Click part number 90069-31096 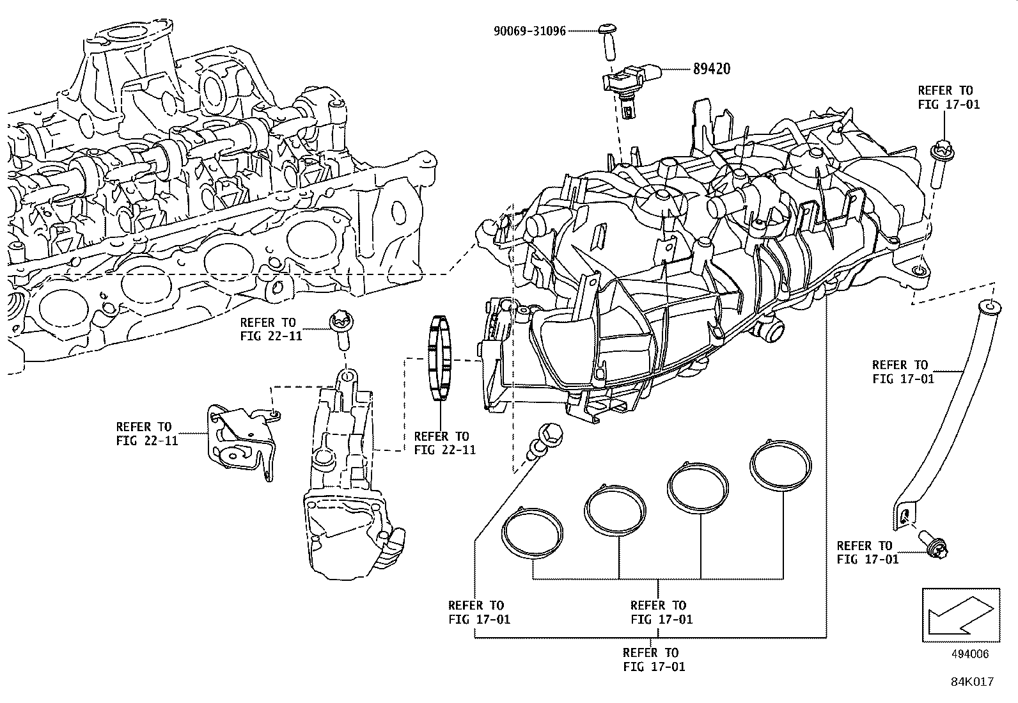[x=529, y=30]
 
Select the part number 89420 [x=711, y=68]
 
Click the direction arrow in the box [x=960, y=615]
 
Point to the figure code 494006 [x=970, y=654]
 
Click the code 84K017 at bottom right [x=971, y=682]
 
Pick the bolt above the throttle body [x=340, y=328]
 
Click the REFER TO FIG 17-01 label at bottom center [x=654, y=660]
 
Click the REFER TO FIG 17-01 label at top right [x=948, y=97]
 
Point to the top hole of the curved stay [x=988, y=307]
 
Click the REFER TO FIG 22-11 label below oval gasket [x=444, y=443]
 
